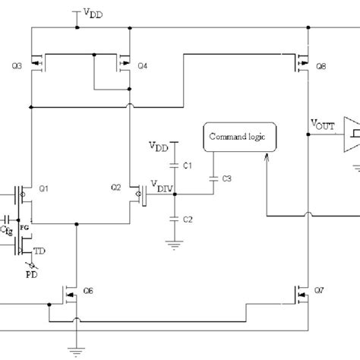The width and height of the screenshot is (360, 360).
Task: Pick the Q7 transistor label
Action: click(322, 292)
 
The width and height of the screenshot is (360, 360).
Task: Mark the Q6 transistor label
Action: click(88, 292)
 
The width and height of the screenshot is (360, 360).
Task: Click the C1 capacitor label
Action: click(189, 165)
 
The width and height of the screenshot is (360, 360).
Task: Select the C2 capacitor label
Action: click(189, 219)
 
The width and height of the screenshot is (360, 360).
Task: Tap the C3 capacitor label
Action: click(226, 178)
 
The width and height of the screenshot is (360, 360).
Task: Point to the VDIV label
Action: click(160, 188)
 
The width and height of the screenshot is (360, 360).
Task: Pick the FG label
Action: click(22, 226)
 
